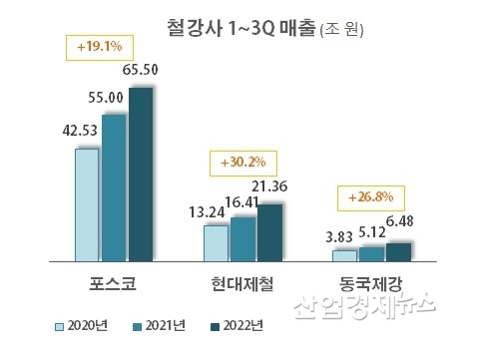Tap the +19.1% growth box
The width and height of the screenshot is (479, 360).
coord(100,46)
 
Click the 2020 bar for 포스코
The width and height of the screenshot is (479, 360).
coord(87,204)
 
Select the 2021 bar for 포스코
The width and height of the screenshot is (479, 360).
coord(114,187)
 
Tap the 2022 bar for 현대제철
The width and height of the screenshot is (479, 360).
coord(269,231)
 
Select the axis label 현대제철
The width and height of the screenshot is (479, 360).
coord(243,286)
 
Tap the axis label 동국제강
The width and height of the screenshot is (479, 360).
coord(372,286)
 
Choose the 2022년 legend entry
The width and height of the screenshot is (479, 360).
coord(237,325)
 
